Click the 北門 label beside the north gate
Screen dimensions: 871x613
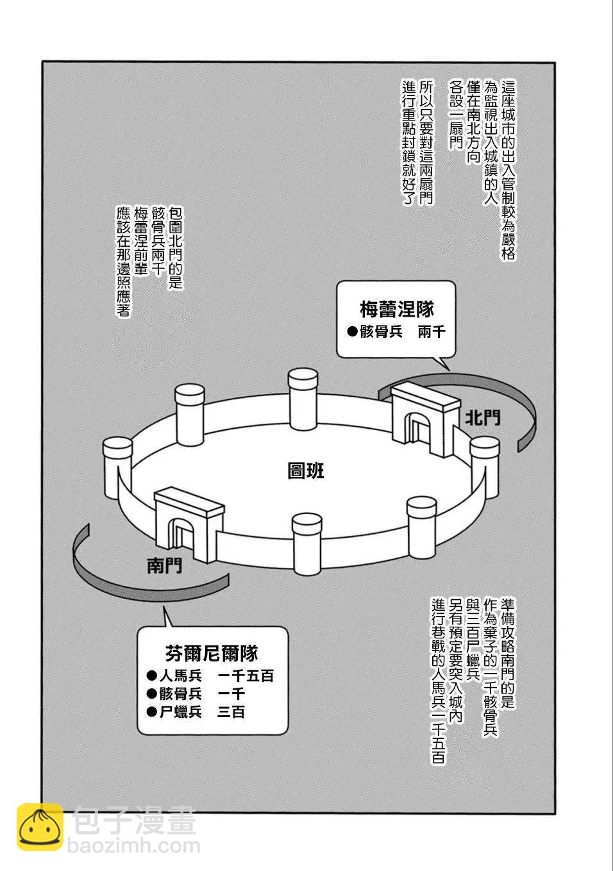[x=483, y=419]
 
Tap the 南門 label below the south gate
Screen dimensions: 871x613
[x=164, y=565]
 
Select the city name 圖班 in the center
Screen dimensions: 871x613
[x=306, y=471]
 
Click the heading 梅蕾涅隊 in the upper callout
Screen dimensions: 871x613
[x=396, y=310]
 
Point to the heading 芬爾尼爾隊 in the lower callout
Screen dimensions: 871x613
[x=211, y=654]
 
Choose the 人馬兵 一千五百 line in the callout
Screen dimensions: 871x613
[x=210, y=676]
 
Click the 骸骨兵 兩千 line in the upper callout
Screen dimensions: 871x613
[x=396, y=332]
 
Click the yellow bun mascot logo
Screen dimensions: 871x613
[x=40, y=827]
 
